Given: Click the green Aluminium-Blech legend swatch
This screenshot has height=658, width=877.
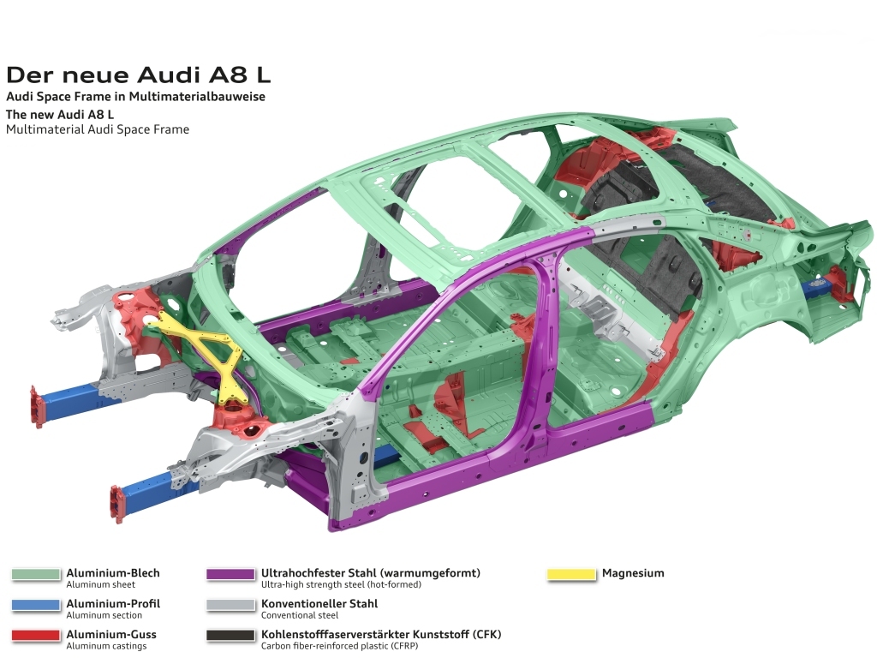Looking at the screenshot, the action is click(36, 574).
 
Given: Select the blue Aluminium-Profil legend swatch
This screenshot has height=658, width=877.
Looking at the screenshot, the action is click(36, 605).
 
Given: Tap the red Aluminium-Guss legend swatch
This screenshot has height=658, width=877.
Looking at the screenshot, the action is click(36, 636).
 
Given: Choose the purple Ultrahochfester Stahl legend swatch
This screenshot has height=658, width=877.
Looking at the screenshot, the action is click(230, 574).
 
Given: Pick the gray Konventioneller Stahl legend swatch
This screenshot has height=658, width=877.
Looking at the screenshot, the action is click(230, 605).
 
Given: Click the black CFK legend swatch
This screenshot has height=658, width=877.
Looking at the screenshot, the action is click(230, 636).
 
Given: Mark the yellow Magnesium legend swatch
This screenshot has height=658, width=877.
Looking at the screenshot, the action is click(571, 574).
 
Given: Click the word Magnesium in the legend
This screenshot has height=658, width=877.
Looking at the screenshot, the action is click(633, 573).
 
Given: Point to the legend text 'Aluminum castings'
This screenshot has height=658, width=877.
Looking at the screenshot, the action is click(106, 646).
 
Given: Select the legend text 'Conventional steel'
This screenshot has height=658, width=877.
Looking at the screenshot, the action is click(300, 615).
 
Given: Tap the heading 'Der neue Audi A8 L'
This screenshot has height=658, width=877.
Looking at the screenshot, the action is click(138, 75).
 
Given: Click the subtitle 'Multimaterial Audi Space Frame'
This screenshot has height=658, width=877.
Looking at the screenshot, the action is click(98, 130).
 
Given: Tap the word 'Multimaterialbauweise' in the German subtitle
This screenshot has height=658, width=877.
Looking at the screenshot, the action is click(197, 97).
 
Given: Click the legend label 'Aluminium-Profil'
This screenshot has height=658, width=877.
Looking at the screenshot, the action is click(113, 604).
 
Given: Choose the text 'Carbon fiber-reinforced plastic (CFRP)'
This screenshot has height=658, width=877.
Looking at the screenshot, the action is click(339, 646).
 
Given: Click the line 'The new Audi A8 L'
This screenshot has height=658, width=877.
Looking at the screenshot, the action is click(60, 115).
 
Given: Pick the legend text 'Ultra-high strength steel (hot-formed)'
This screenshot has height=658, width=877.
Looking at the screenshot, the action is click(341, 584).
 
